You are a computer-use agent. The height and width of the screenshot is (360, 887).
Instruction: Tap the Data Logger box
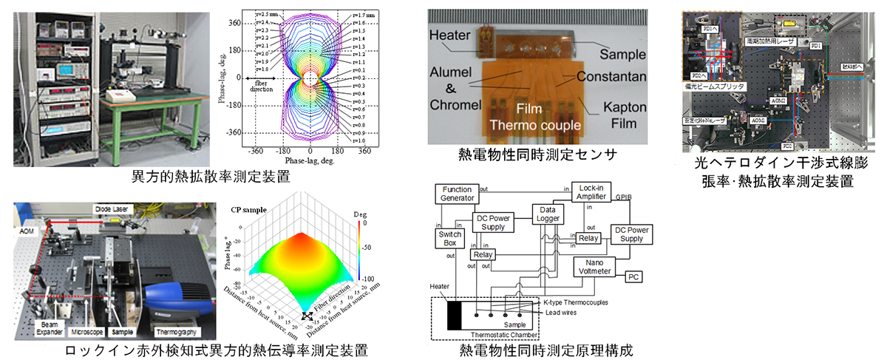pos(548,215)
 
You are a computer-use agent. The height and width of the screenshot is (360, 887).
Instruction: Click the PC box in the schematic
pos(635,277)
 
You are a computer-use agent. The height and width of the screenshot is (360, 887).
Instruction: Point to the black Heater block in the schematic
pos(453,313)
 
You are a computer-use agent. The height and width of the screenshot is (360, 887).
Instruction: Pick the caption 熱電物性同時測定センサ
pos(537,154)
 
